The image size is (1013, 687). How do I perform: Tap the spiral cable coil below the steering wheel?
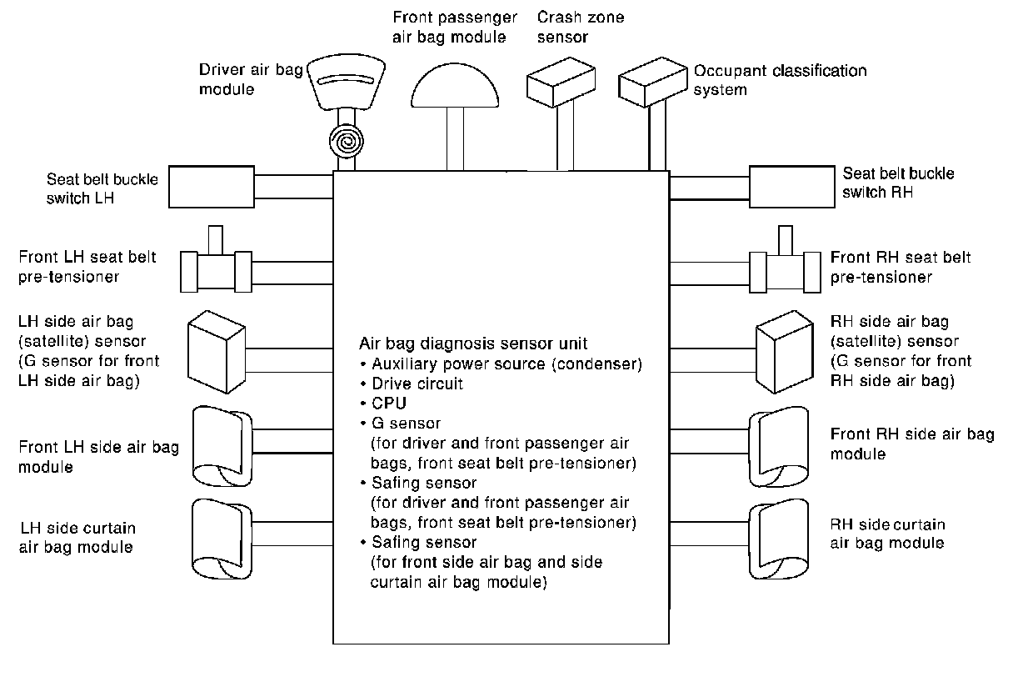pos(345,142)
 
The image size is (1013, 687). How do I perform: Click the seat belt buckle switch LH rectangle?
pos(212,187)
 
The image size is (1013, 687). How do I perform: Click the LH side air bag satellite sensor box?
pos(215,352)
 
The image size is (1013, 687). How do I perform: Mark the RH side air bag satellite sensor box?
pos(785,352)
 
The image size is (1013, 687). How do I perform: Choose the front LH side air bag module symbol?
pos(217,445)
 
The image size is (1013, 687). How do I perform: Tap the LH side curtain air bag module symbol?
pos(217,537)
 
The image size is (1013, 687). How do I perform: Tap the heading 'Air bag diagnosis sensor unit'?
pos(473,343)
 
